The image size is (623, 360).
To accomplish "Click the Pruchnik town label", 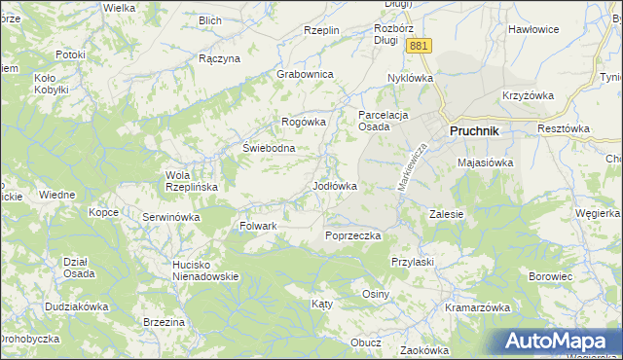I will pyautogui.click(x=474, y=130).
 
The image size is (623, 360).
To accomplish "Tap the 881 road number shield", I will pyautogui.click(x=419, y=47).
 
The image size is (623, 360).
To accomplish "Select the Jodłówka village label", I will pyautogui.click(x=334, y=185).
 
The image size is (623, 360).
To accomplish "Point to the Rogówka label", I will pyautogui.click(x=302, y=122).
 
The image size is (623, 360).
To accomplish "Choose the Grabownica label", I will pyautogui.click(x=305, y=74).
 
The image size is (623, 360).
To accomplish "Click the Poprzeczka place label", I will pyautogui.click(x=353, y=235).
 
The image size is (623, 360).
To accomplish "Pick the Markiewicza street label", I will pyautogui.click(x=412, y=167).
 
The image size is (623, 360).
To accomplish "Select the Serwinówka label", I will pyautogui.click(x=170, y=217).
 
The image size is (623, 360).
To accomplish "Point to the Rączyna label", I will pyautogui.click(x=219, y=58).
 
